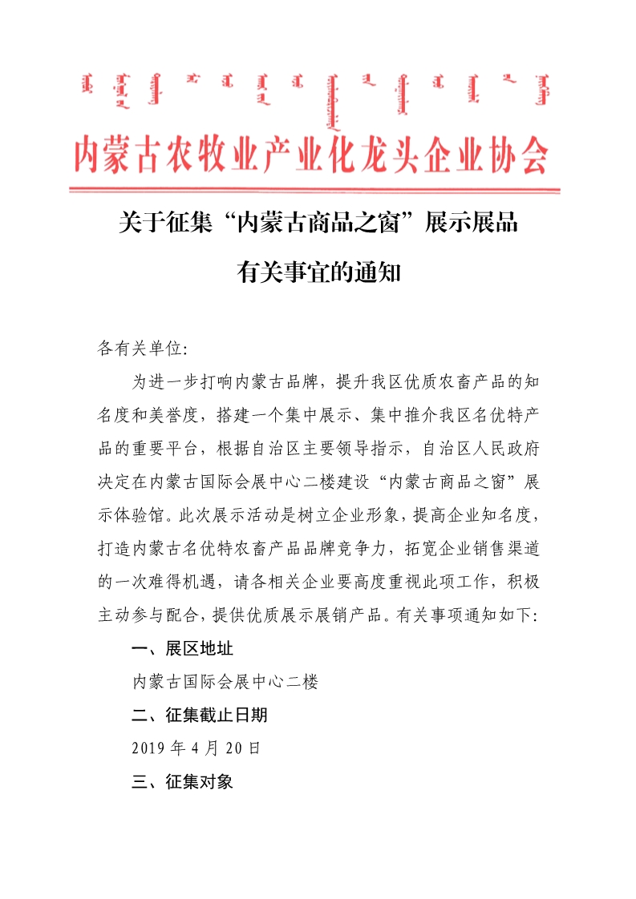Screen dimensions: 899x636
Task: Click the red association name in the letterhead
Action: (x=311, y=154)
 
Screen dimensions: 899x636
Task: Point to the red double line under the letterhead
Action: (x=314, y=190)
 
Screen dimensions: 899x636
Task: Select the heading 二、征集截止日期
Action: (x=200, y=715)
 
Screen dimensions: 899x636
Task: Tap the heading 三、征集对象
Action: (x=183, y=782)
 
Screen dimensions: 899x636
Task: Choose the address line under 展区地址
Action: (x=225, y=681)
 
